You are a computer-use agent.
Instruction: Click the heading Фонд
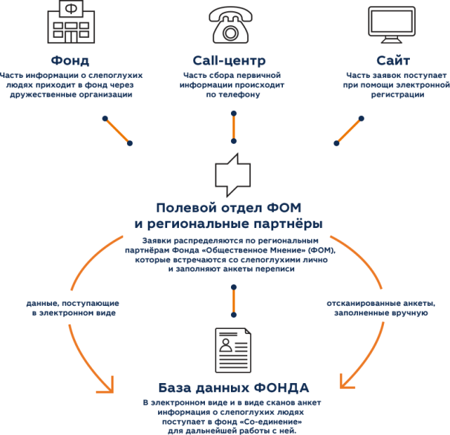71,60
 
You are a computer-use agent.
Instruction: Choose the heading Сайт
391,60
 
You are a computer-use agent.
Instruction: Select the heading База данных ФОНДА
234,387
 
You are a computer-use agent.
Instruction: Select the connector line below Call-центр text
234,127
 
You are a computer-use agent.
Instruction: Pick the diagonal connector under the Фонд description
119,130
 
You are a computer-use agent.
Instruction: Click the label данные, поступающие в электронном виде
71,309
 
